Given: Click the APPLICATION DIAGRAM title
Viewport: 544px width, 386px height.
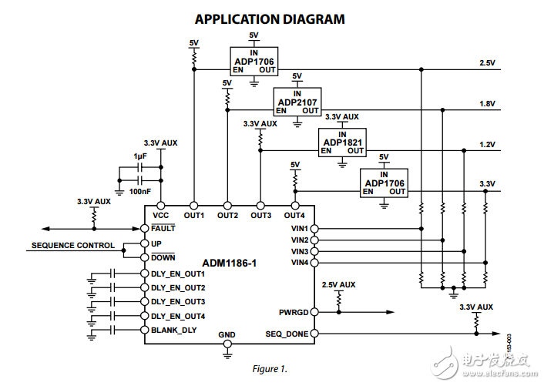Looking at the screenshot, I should [270, 19].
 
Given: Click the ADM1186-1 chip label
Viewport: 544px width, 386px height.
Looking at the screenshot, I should [229, 263].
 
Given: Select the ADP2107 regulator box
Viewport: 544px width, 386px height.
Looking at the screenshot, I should [297, 101].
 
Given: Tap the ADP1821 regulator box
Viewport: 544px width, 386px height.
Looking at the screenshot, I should [342, 142].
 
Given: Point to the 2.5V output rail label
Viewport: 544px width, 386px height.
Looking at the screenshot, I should [487, 62].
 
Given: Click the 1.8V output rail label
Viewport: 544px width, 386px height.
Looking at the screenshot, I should [487, 102].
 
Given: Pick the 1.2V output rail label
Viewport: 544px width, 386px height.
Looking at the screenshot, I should [487, 143].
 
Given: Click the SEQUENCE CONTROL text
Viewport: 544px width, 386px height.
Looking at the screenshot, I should [72, 246].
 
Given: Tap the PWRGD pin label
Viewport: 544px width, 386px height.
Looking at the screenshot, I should [294, 312].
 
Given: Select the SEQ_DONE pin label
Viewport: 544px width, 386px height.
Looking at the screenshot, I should [287, 334].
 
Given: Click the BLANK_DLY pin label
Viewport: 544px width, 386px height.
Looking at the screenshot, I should [173, 330].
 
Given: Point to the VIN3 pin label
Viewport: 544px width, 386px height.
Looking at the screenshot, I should [300, 251].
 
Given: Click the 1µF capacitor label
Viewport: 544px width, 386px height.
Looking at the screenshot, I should [140, 156].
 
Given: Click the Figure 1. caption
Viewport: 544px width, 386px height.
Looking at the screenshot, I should [270, 368].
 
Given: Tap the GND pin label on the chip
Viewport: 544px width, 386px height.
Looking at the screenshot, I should [227, 335].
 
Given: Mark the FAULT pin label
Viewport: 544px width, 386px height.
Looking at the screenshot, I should [163, 228].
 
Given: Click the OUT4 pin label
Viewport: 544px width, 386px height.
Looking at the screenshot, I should [294, 215].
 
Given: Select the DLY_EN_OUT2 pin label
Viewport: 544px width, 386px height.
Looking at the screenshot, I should [177, 287].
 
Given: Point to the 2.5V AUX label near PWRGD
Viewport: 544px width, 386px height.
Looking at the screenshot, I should [339, 284].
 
